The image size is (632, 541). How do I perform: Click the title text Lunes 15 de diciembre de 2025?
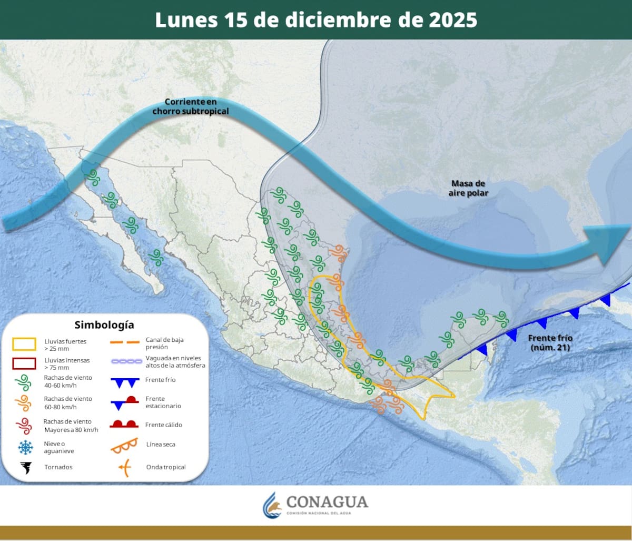pyautogui.click(x=316, y=19)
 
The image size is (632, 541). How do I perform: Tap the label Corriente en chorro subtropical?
pyautogui.click(x=191, y=106)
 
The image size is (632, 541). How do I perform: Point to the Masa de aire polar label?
pyautogui.click(x=468, y=188)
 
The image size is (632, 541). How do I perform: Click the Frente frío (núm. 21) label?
pyautogui.click(x=550, y=342)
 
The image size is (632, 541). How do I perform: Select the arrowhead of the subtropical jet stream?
pyautogui.click(x=611, y=244)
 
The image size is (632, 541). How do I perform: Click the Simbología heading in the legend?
pyautogui.click(x=104, y=324)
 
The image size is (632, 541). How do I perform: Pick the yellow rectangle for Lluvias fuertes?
pyautogui.click(x=24, y=345)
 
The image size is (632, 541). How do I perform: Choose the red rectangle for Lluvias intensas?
pyautogui.click(x=24, y=363)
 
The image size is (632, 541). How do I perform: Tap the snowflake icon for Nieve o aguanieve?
pyautogui.click(x=25, y=448)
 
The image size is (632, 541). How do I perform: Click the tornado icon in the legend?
pyautogui.click(x=25, y=467)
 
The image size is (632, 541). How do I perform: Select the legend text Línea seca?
pyautogui.click(x=161, y=445)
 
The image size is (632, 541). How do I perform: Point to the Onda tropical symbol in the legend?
pyautogui.click(x=124, y=467)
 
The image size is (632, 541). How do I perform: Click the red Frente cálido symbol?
pyautogui.click(x=124, y=424)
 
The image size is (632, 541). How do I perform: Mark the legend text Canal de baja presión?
pyautogui.click(x=164, y=343)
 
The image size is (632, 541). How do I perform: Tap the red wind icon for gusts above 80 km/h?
pyautogui.click(x=24, y=426)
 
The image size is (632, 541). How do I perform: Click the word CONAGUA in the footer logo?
pyautogui.click(x=327, y=501)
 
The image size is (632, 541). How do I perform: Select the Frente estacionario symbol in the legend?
pyautogui.click(x=124, y=403)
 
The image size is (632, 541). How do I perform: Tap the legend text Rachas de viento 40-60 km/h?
pyautogui.click(x=68, y=381)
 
